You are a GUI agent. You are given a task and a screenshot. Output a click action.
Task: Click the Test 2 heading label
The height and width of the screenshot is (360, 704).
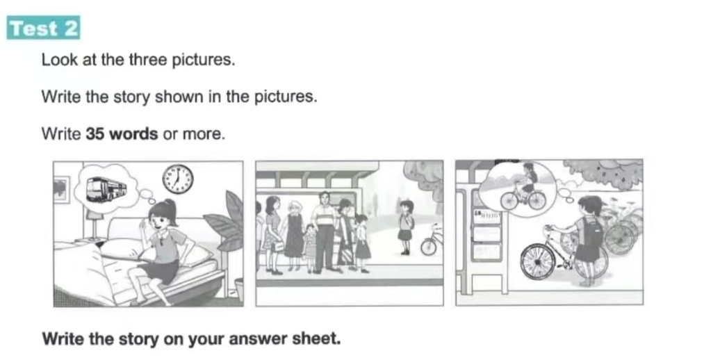pyautogui.click(x=44, y=28)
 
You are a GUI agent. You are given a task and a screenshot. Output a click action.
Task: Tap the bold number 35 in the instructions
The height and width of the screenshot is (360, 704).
pyautogui.click(x=95, y=133)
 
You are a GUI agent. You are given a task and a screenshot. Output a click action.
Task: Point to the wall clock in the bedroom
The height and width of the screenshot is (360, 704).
pyautogui.click(x=178, y=179)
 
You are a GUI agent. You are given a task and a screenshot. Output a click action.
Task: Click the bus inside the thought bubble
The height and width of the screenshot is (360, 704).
pyautogui.click(x=106, y=188)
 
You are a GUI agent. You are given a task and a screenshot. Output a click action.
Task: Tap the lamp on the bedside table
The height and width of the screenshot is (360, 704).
pyautogui.click(x=95, y=224)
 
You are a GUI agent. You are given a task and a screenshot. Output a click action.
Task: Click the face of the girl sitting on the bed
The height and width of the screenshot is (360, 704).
pyautogui.click(x=160, y=222)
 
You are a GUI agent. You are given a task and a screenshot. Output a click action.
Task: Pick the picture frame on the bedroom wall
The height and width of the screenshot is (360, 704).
pyautogui.click(x=62, y=189)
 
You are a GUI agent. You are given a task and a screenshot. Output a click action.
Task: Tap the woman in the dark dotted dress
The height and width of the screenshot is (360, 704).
pyautogui.click(x=294, y=236)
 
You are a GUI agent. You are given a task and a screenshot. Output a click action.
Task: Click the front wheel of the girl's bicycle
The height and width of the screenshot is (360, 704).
pyautogui.click(x=538, y=262)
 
